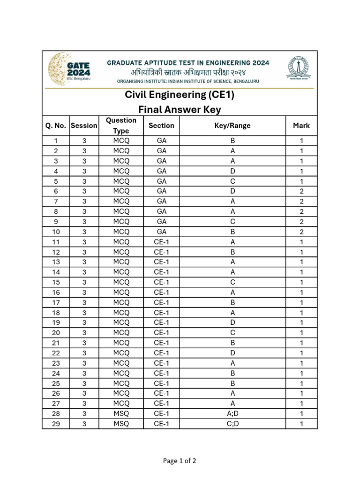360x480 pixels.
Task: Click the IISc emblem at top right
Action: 300,69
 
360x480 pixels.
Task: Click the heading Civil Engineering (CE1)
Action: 180,95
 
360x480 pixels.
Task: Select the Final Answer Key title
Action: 180,110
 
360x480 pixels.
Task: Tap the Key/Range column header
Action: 232,126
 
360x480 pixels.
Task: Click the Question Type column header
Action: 121,126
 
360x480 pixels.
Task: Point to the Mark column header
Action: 301,126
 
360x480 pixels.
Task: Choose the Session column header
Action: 84,126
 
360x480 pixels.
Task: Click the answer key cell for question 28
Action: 232,413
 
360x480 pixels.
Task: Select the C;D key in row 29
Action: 232,424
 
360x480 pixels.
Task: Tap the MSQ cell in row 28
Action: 121,413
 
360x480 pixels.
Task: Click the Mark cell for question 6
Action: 301,191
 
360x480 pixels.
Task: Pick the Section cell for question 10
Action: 161,232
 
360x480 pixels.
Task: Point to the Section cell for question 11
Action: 161,242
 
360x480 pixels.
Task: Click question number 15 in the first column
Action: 56,282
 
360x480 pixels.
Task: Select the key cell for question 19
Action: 232,322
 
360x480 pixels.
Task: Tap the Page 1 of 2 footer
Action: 180,461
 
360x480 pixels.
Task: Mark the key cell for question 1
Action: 232,141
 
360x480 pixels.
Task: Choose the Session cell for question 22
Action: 84,353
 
